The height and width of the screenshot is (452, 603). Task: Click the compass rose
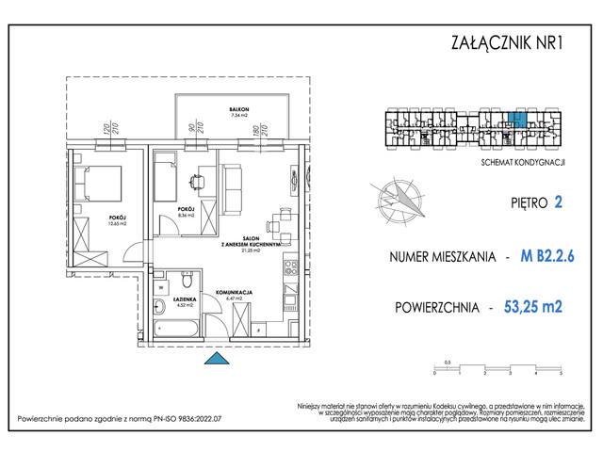pyautogui.click(x=399, y=197)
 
